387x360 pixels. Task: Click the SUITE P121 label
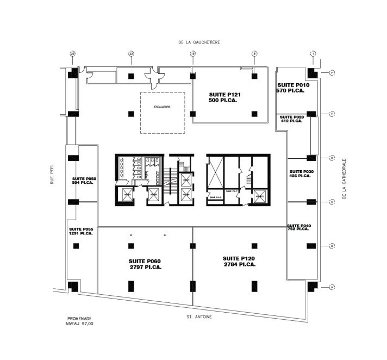[224, 95]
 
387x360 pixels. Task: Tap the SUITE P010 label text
[293, 85]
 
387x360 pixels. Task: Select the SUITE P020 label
[291, 117]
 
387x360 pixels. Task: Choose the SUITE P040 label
[299, 225]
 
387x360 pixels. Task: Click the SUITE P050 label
[84, 178]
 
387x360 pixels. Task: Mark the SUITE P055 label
[80, 229]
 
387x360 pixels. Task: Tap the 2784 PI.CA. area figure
[239, 264]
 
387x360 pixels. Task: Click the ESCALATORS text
[163, 107]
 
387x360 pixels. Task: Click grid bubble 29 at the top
[72, 53]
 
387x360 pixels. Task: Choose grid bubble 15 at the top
[192, 53]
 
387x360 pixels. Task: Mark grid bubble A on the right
[332, 287]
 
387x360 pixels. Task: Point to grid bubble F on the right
[332, 73]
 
